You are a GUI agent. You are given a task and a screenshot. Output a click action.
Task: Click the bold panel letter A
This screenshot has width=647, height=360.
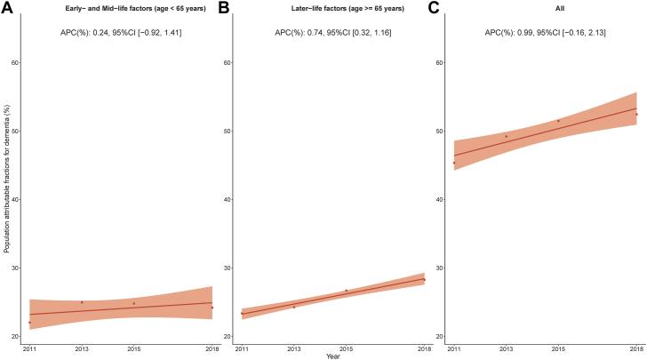(x=8, y=8)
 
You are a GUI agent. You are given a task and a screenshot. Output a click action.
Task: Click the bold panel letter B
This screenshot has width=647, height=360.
(x=224, y=8)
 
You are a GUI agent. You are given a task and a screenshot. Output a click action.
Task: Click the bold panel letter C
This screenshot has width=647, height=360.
(x=435, y=8)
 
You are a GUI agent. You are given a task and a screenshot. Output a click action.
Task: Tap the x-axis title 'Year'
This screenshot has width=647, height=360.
(x=331, y=356)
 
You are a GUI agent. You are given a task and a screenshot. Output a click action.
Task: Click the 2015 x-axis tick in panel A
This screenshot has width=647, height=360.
(x=133, y=347)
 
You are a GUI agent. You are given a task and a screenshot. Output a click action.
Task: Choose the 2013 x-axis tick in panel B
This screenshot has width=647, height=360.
(x=293, y=347)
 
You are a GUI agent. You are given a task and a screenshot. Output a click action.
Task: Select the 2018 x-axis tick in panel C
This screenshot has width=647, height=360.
(x=636, y=347)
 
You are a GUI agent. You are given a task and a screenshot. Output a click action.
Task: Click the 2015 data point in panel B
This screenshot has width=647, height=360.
(x=346, y=291)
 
